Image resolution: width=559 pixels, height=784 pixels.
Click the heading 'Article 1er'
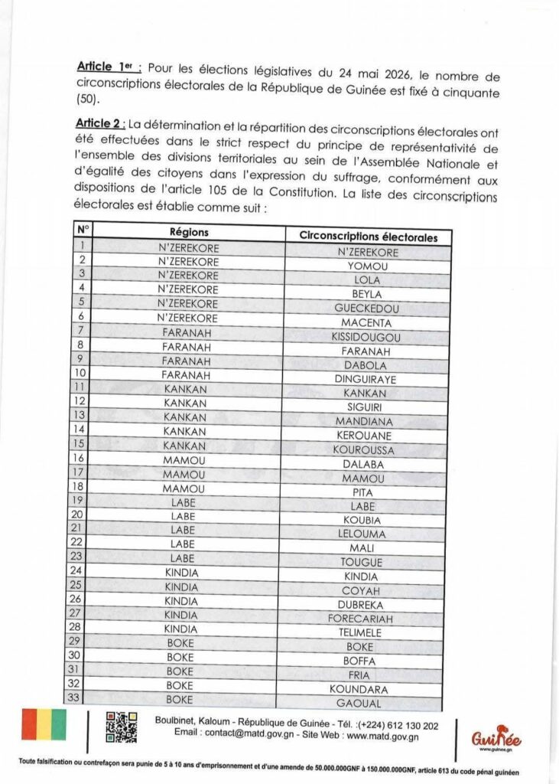point(104,68)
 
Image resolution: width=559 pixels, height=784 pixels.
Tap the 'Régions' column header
point(188,232)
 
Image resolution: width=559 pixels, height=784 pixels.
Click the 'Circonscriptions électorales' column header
point(369,237)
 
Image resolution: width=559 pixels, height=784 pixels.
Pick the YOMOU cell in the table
point(368,266)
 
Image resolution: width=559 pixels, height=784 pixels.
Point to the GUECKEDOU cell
point(367,309)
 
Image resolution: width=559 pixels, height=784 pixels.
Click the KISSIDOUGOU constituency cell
point(367,337)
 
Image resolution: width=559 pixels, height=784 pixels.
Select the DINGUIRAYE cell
point(367,378)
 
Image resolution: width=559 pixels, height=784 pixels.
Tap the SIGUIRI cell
point(368,407)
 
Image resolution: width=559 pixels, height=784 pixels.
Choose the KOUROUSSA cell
point(367,449)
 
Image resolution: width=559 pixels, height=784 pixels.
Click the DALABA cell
point(367,464)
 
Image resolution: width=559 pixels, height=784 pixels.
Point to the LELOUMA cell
point(367,534)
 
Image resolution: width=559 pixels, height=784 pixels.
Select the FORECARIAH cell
point(367,618)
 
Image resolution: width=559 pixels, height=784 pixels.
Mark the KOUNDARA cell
point(367,689)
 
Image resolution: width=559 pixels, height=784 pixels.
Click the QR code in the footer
point(122,728)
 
